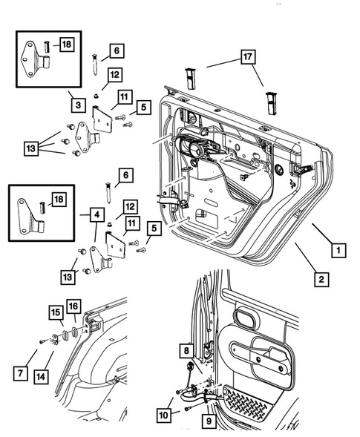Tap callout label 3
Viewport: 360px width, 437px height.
[x=76, y=105]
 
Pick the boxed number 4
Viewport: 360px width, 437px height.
[x=98, y=216]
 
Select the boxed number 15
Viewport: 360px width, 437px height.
[x=56, y=312]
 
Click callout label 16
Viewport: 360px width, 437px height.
[x=73, y=307]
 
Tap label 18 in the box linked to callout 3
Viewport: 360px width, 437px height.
[x=66, y=46]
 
